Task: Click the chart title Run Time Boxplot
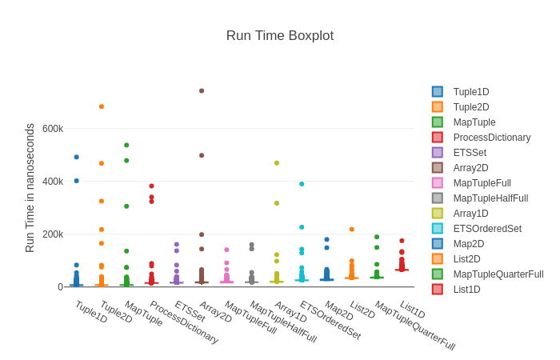pos(279,36)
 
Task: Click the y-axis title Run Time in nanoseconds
pos(30,188)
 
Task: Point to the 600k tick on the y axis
pos(53,129)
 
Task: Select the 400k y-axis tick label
pos(53,182)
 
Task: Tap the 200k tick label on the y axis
pos(53,234)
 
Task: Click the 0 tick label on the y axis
pos(60,287)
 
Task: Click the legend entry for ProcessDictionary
pos(491,138)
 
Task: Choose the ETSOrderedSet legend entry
pos(486,229)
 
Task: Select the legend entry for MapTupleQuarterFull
pos(498,274)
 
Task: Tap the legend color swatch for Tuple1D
pos(438,92)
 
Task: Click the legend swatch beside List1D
pos(438,290)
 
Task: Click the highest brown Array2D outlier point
pos(202,91)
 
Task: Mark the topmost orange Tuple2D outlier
pos(102,106)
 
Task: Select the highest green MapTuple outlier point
pos(126,145)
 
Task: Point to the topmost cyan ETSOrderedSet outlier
pos(302,184)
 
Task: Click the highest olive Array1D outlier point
pos(277,163)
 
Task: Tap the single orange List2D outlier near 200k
pos(352,230)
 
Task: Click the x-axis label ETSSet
pos(190,312)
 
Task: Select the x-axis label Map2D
pos(338,311)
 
